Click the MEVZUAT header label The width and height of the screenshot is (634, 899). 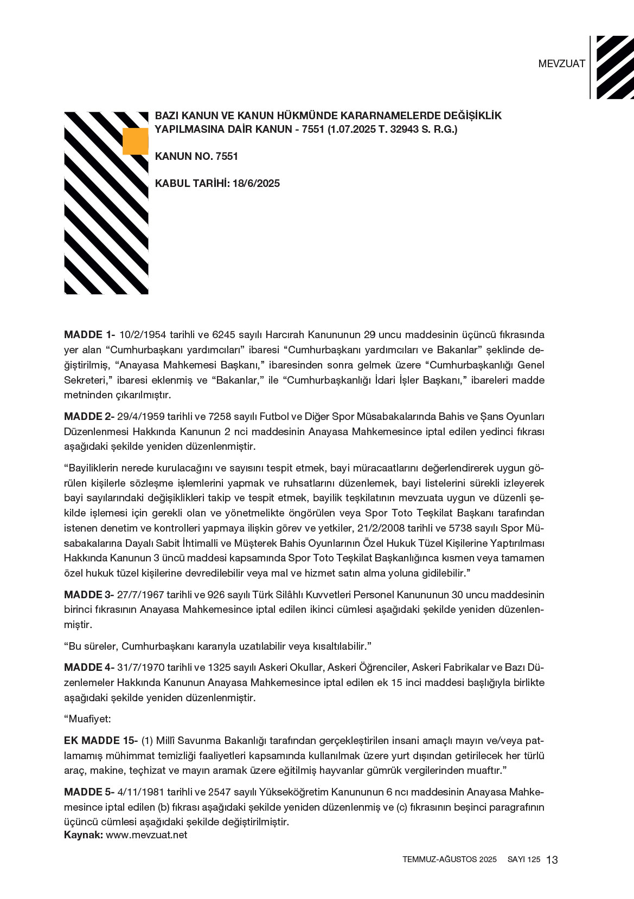click(x=561, y=63)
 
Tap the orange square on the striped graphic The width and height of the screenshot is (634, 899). click(x=135, y=141)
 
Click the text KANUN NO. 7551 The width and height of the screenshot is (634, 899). click(x=196, y=157)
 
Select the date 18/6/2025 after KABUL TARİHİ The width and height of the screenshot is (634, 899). click(x=256, y=184)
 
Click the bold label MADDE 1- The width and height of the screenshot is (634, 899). click(x=89, y=335)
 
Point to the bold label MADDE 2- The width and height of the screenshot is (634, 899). click(x=89, y=417)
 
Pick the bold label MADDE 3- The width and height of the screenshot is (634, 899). click(x=89, y=594)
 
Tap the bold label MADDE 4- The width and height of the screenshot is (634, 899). click(x=89, y=667)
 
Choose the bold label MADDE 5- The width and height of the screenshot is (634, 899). click(x=89, y=792)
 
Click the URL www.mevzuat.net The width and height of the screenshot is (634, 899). click(x=146, y=835)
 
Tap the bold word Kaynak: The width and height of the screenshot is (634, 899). click(x=83, y=835)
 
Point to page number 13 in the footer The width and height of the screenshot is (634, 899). click(x=552, y=860)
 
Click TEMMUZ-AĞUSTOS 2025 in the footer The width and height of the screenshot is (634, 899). click(x=449, y=859)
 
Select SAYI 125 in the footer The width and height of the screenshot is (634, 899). click(x=524, y=859)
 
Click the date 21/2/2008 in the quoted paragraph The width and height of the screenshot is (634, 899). click(x=404, y=528)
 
